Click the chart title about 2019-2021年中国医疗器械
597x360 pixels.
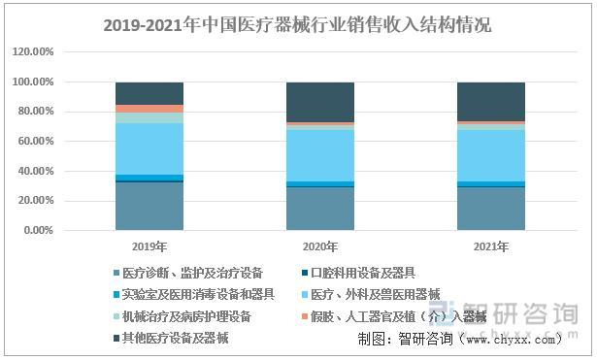297,25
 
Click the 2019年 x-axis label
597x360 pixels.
149,247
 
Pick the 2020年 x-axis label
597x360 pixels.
319,247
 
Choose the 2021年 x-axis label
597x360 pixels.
490,247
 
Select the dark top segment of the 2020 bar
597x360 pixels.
319,102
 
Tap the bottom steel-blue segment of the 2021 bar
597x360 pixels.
490,209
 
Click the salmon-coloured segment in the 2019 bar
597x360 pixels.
149,109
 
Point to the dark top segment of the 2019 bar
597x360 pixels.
149,93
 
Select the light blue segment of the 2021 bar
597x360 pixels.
490,155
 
